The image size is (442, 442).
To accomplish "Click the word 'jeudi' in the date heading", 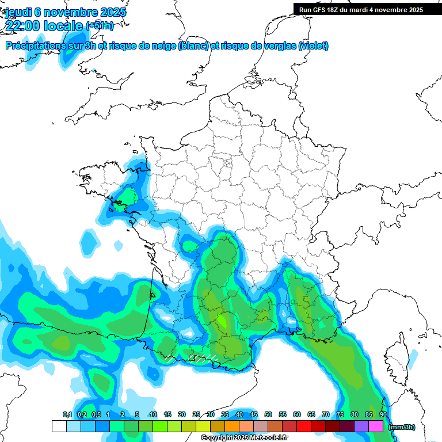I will click(x=19, y=12).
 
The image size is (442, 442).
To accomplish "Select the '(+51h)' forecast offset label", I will click(x=100, y=26).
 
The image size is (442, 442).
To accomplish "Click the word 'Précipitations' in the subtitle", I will click(x=40, y=45).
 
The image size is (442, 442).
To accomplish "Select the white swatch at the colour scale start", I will click(x=59, y=426).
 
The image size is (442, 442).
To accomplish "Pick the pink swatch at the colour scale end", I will click(x=376, y=426).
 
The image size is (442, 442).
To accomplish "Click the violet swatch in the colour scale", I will click(x=361, y=426).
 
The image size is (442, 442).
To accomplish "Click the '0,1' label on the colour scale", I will click(x=67, y=415).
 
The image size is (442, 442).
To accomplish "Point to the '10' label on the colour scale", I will click(x=153, y=415).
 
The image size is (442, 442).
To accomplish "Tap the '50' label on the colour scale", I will click(x=268, y=415).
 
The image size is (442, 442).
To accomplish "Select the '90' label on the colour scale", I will click(x=383, y=415).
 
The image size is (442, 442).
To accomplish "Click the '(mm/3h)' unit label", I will click(x=402, y=427).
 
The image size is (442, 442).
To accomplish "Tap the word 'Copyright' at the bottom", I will click(x=216, y=438).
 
